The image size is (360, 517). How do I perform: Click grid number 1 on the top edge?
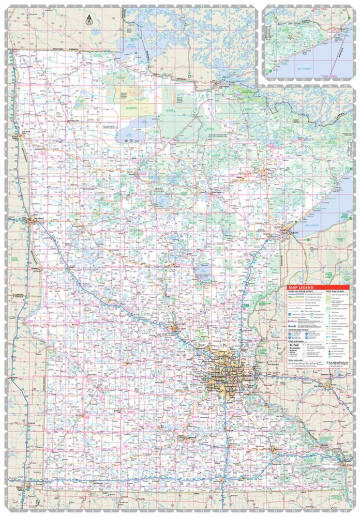tap(17, 7)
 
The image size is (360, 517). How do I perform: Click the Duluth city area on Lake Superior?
tap(282, 231)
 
